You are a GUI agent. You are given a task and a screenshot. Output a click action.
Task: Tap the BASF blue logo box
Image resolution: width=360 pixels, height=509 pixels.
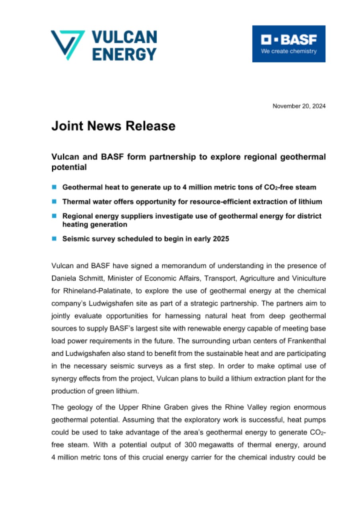pyautogui.click(x=288, y=44)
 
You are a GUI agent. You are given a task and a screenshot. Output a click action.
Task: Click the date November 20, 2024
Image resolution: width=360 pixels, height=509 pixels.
pyautogui.click(x=299, y=106)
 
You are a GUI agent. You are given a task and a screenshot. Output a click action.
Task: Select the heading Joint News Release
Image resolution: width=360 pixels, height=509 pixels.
pyautogui.click(x=113, y=126)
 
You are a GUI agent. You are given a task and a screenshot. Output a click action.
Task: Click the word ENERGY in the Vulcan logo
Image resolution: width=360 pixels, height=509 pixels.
pyautogui.click(x=124, y=54)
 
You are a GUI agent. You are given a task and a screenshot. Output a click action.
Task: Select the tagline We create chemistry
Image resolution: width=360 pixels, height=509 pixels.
pyautogui.click(x=288, y=51)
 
